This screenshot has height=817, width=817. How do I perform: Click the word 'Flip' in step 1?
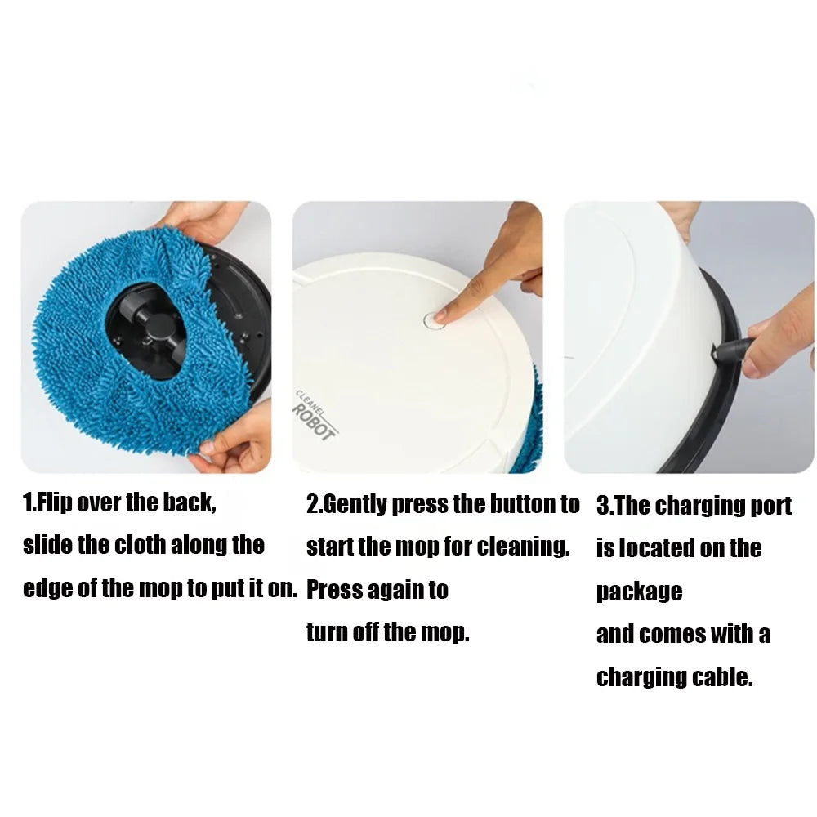[55, 502]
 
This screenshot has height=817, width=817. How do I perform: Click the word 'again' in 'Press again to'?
[395, 589]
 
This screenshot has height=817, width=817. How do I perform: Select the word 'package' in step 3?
[639, 591]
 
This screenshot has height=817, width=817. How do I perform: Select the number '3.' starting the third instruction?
[605, 506]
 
